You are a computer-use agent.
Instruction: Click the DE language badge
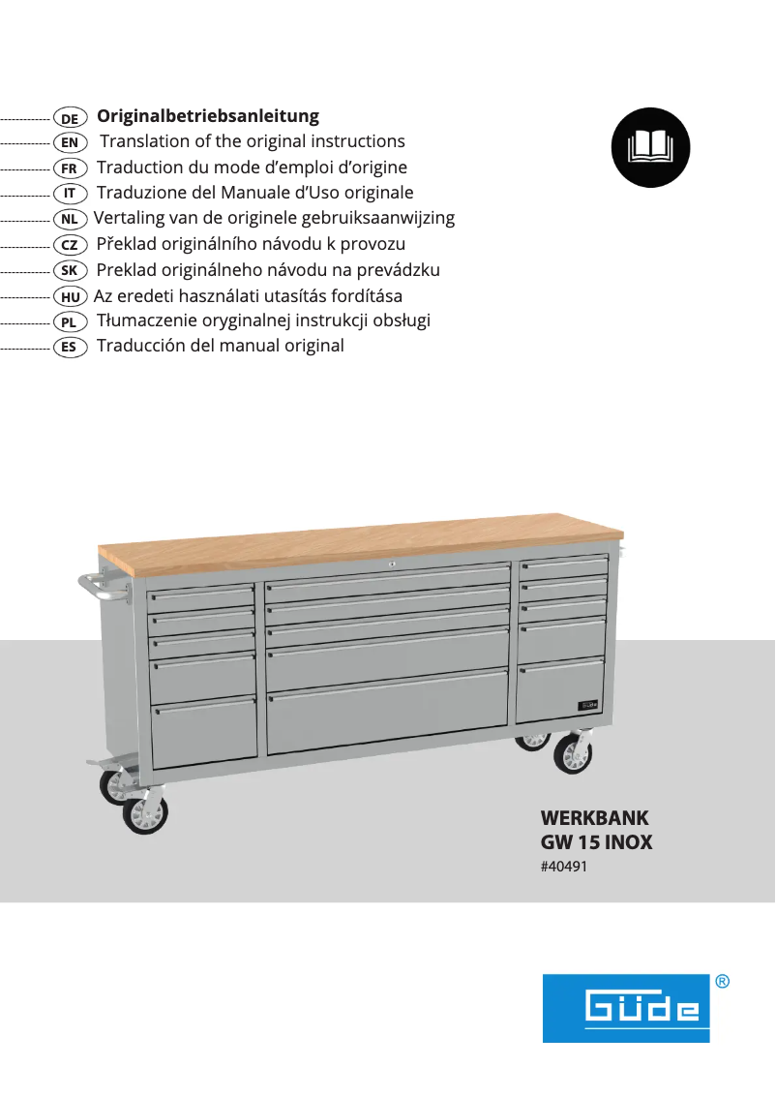click(70, 118)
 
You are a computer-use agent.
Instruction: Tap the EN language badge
click(70, 143)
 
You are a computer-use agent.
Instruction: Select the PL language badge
click(70, 322)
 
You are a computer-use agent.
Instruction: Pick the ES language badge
click(70, 348)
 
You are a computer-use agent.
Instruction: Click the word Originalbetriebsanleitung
click(208, 116)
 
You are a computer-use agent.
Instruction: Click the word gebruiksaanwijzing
click(378, 219)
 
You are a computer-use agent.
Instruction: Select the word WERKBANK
click(594, 817)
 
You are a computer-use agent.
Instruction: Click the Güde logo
click(626, 1008)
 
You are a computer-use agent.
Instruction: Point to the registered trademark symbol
click(722, 981)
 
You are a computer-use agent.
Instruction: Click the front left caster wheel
click(145, 814)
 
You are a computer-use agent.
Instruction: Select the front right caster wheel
click(572, 754)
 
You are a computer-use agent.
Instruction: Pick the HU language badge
click(70, 297)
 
